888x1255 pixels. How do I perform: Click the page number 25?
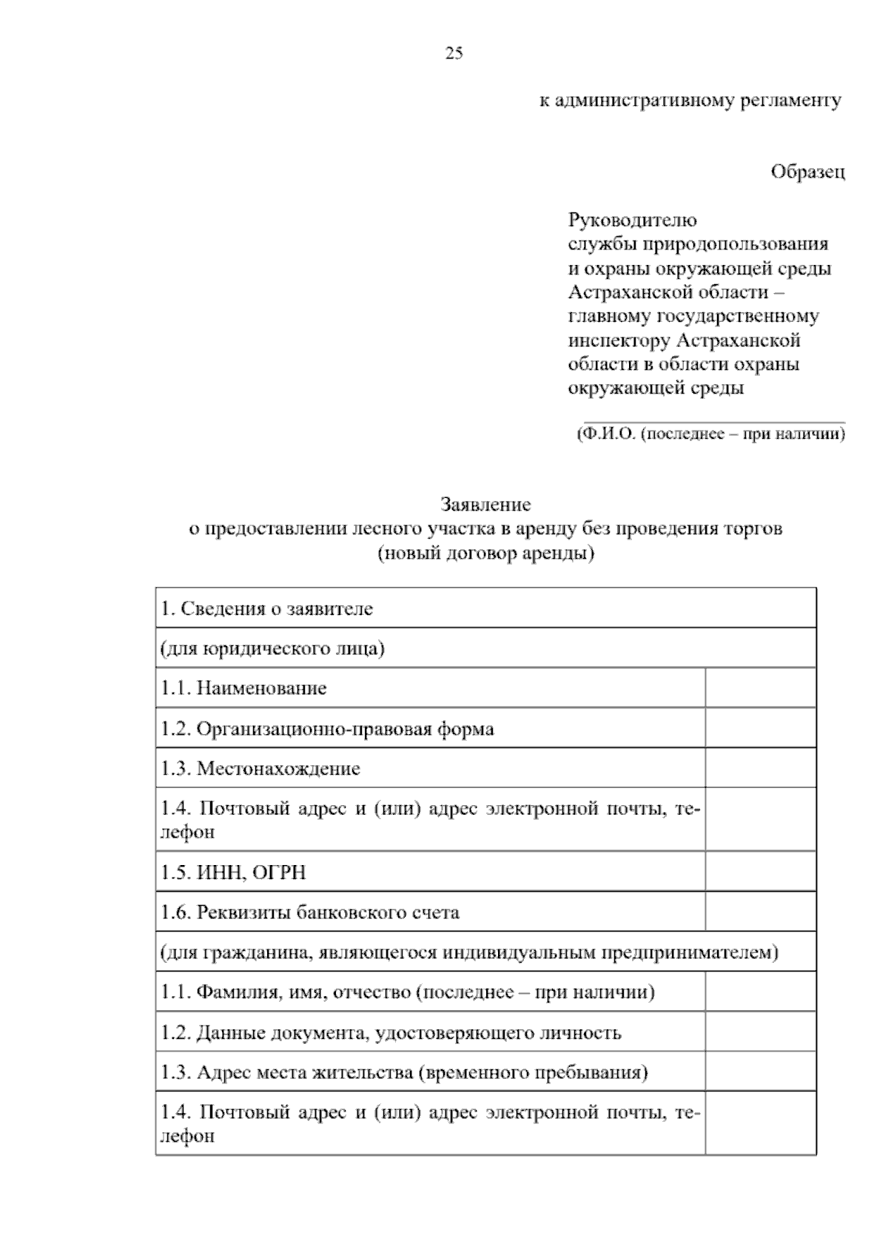pyautogui.click(x=454, y=53)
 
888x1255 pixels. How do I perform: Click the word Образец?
pyautogui.click(x=807, y=172)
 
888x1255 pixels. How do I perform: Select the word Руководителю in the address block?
pyautogui.click(x=632, y=221)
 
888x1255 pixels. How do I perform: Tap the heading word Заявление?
pyautogui.click(x=485, y=505)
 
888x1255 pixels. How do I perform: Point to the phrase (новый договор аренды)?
pyautogui.click(x=485, y=554)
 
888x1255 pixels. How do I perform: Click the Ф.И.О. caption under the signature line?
pyautogui.click(x=710, y=434)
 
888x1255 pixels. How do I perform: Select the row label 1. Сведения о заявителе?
pyautogui.click(x=267, y=609)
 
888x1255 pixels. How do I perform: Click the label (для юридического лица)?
pyautogui.click(x=273, y=649)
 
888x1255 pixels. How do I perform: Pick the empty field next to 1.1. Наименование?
pyautogui.click(x=760, y=688)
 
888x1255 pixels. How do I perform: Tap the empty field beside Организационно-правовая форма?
pyautogui.click(x=760, y=728)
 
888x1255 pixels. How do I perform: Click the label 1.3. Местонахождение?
pyautogui.click(x=260, y=769)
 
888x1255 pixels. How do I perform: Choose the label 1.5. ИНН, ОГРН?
pyautogui.click(x=233, y=872)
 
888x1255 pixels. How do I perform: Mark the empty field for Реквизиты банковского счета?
pyautogui.click(x=760, y=912)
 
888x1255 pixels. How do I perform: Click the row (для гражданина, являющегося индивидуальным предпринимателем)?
pyautogui.click(x=469, y=952)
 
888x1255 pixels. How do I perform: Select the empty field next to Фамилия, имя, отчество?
pyautogui.click(x=760, y=992)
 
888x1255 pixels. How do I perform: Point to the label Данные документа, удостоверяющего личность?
pyautogui.click(x=391, y=1032)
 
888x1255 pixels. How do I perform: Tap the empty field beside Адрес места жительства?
pyautogui.click(x=760, y=1072)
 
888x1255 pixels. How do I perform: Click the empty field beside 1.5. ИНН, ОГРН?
pyautogui.click(x=760, y=872)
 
